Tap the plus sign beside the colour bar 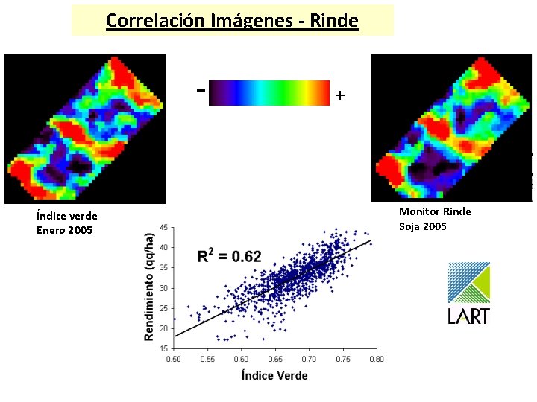[x=340, y=95]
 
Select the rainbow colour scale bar [x=269, y=94]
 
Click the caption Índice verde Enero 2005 [x=66, y=223]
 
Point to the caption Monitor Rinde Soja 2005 [x=435, y=219]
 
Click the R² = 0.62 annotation [x=229, y=257]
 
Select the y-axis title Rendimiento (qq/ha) [x=149, y=287]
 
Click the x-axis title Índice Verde [x=274, y=375]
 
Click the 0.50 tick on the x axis [x=173, y=358]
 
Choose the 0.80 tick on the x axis [x=377, y=358]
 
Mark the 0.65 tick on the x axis [x=275, y=358]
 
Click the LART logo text [x=468, y=316]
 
